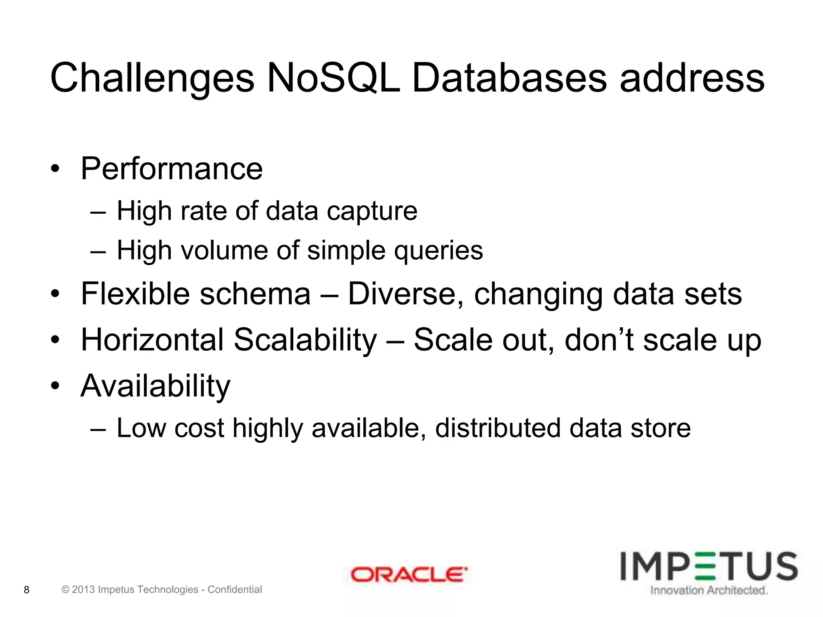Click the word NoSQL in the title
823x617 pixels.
(333, 78)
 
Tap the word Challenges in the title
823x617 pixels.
(152, 78)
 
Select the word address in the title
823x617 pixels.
(692, 78)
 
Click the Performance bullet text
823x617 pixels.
(172, 169)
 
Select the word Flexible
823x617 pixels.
(135, 294)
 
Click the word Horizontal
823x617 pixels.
(152, 340)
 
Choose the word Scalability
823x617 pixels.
(305, 340)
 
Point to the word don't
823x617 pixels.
(600, 340)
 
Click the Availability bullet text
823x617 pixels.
(155, 386)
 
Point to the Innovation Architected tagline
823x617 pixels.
(709, 590)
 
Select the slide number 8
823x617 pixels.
(27, 590)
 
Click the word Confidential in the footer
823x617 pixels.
(235, 590)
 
